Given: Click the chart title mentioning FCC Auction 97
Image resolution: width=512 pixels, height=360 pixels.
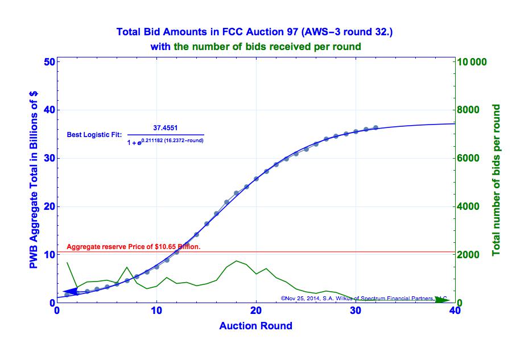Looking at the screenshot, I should tap(254, 32).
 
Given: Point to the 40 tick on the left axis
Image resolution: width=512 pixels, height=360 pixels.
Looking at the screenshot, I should tap(48, 110).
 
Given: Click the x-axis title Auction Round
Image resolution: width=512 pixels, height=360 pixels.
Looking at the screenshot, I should tap(255, 326).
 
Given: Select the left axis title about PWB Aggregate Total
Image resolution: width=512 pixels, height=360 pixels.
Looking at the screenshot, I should tap(34, 182).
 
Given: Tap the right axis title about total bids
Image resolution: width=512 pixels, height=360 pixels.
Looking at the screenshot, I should tap(496, 180).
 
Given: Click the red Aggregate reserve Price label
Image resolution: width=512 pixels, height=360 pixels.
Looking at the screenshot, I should tap(134, 247).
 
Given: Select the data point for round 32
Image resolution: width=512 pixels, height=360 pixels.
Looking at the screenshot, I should tap(375, 128).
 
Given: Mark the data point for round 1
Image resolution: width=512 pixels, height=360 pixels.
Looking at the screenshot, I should tap(67, 295).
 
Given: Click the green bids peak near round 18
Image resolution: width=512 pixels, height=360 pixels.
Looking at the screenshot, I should tap(237, 261).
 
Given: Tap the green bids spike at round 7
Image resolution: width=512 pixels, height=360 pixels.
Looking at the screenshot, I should tap(127, 267).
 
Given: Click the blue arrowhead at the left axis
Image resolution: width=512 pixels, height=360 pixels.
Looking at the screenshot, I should tap(68, 291).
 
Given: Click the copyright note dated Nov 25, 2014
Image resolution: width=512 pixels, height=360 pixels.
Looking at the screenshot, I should tap(364, 297).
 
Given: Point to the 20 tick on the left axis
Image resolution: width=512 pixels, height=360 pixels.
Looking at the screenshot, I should tap(48, 206).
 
